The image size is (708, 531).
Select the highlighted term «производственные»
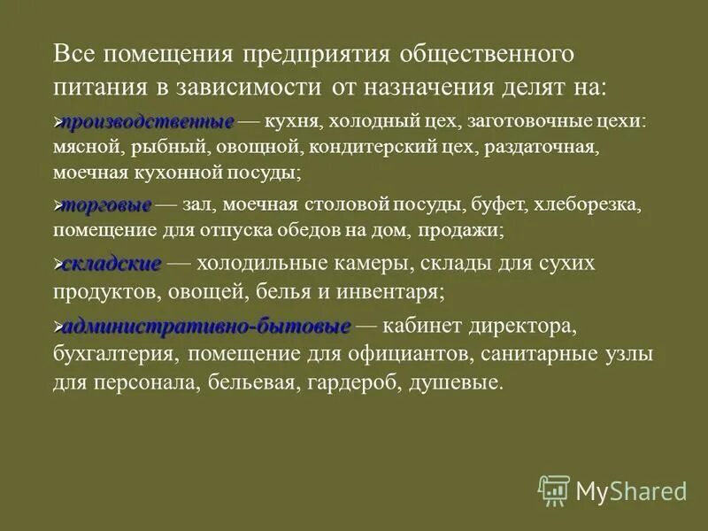tap(148, 121)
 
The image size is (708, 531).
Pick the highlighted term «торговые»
tap(107, 205)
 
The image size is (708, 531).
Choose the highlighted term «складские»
tap(112, 264)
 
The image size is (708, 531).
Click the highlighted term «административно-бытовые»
tap(207, 327)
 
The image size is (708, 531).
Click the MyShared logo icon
tap(554, 490)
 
